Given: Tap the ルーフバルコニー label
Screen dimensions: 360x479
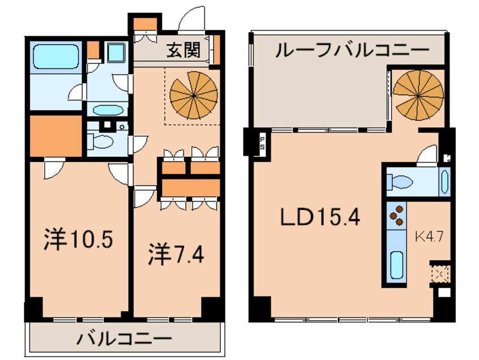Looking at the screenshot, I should tap(352, 51).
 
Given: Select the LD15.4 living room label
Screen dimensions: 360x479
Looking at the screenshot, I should tap(319, 218).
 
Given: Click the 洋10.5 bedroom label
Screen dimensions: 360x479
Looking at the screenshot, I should tap(79, 241).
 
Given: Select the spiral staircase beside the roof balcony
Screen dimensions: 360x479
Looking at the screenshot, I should tap(418, 91).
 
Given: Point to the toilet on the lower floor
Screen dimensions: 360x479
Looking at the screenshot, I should tap(102, 142).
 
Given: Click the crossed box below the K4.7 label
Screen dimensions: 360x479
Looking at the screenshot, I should tap(439, 274).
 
